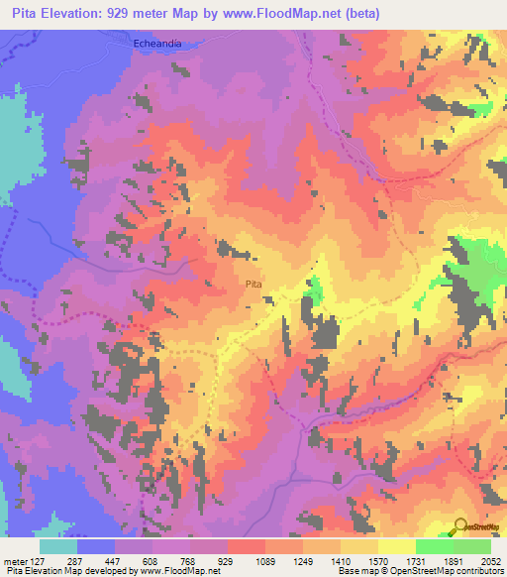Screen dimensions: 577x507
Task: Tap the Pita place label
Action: (x=253, y=285)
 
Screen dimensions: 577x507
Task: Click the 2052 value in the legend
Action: (x=478, y=561)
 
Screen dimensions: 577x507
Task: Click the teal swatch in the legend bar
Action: (x=58, y=546)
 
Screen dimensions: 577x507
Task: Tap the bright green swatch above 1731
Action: (x=434, y=546)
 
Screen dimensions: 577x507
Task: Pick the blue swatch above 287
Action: (x=96, y=546)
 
